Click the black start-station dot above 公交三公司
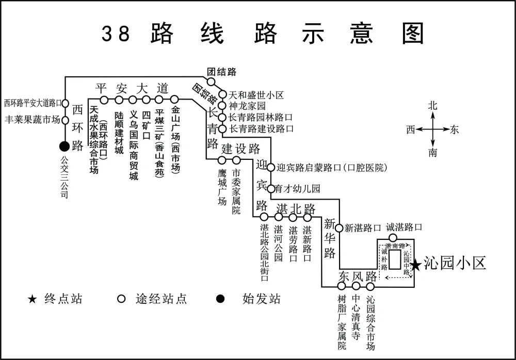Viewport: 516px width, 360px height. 64,146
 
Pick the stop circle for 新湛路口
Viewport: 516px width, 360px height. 339,227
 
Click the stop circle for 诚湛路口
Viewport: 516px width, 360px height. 393,238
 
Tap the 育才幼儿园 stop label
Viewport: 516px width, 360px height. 298,189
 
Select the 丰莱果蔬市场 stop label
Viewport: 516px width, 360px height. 32,120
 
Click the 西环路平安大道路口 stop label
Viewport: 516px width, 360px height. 33,103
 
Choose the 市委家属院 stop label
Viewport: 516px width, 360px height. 236,192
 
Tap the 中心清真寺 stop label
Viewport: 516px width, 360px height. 356,317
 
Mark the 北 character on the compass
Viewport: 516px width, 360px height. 432,106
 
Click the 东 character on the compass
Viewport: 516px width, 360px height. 454,130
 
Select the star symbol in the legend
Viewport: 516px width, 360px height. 33,299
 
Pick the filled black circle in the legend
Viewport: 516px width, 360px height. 220,299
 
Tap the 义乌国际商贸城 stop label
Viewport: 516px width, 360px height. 134,145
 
